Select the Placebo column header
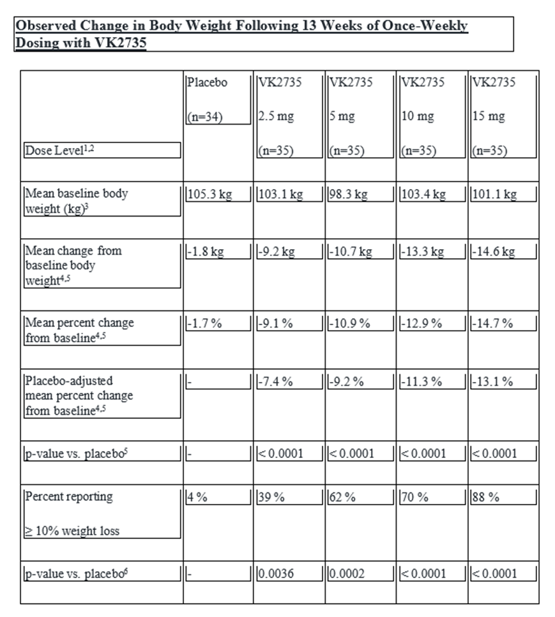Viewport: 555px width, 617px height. pyautogui.click(x=207, y=82)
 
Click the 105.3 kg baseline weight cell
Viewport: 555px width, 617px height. pyautogui.click(x=209, y=194)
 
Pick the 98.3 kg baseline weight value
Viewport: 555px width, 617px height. pyautogui.click(x=348, y=194)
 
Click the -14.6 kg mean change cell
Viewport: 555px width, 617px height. pyautogui.click(x=492, y=252)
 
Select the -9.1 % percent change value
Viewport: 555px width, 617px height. pyautogui.click(x=276, y=323)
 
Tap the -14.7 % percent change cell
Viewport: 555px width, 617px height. pyautogui.click(x=492, y=323)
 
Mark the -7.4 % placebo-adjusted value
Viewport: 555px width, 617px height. pyautogui.click(x=276, y=381)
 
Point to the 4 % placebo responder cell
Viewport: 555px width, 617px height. pyautogui.click(x=197, y=498)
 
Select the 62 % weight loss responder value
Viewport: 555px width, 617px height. pyautogui.click(x=343, y=498)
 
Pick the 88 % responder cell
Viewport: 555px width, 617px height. pyautogui.click(x=485, y=498)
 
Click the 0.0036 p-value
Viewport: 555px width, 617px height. pyautogui.click(x=277, y=574)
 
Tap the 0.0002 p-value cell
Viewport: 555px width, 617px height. pyautogui.click(x=347, y=574)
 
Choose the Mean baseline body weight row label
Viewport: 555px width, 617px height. pyautogui.click(x=76, y=199)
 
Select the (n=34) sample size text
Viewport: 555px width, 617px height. pyautogui.click(x=205, y=117)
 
